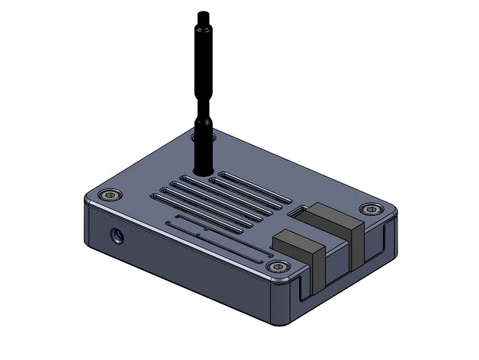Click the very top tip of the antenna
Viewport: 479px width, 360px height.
pyautogui.click(x=203, y=13)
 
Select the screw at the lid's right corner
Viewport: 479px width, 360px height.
pyautogui.click(x=371, y=209)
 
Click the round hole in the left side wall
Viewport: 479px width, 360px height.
pyautogui.click(x=117, y=236)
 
